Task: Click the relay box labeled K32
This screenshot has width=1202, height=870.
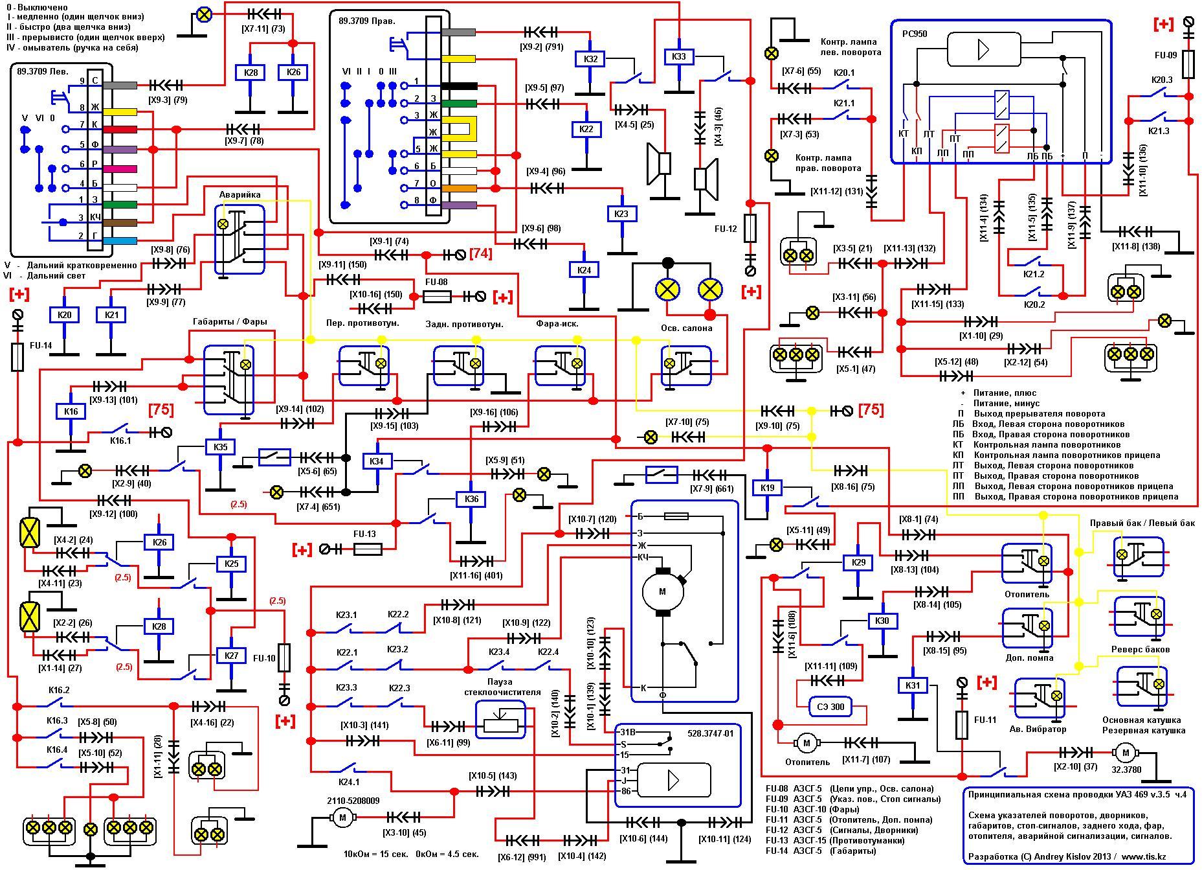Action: pos(590,59)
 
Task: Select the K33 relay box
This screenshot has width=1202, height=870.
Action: pos(679,57)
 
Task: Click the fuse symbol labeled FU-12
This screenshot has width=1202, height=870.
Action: pos(751,228)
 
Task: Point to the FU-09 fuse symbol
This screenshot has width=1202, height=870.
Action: pos(1188,64)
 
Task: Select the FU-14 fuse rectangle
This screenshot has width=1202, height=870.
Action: pos(18,357)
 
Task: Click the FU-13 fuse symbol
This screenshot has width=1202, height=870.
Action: pos(368,549)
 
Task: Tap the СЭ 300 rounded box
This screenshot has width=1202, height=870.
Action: pos(831,707)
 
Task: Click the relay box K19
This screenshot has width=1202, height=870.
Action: pos(767,488)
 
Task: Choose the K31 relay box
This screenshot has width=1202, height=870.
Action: pos(913,686)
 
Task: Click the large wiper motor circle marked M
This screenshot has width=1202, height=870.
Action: pos(662,591)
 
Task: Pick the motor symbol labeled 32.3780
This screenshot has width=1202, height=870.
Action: pos(1126,753)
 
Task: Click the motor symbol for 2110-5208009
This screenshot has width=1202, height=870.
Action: pos(342,818)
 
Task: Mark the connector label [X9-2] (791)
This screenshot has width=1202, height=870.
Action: pos(541,47)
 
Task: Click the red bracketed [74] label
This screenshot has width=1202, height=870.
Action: pos(480,254)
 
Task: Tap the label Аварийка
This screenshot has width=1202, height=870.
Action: pos(239,194)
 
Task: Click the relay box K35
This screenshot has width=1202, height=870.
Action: pos(221,447)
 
